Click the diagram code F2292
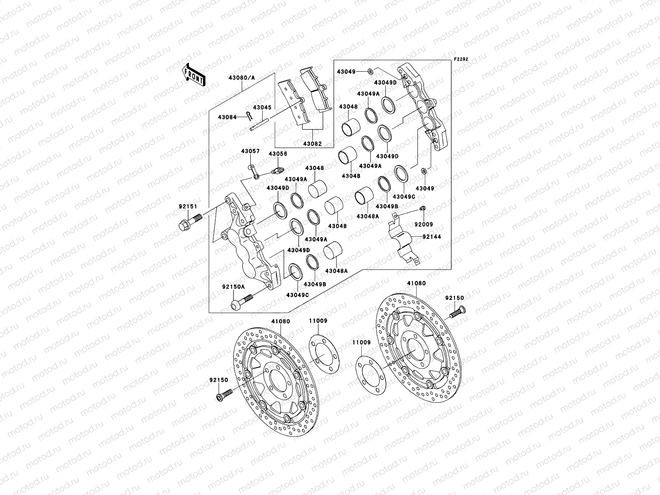click(462, 59)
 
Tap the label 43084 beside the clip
click(227, 117)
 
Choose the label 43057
click(250, 151)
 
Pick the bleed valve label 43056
click(278, 154)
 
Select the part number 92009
click(424, 225)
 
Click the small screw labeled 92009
click(422, 208)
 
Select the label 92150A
click(233, 286)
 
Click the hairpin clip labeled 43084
click(249, 116)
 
